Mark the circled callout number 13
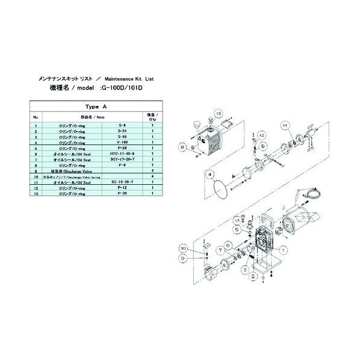pyautogui.click(x=219, y=113)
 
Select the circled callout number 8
pyautogui.click(x=180, y=146)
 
